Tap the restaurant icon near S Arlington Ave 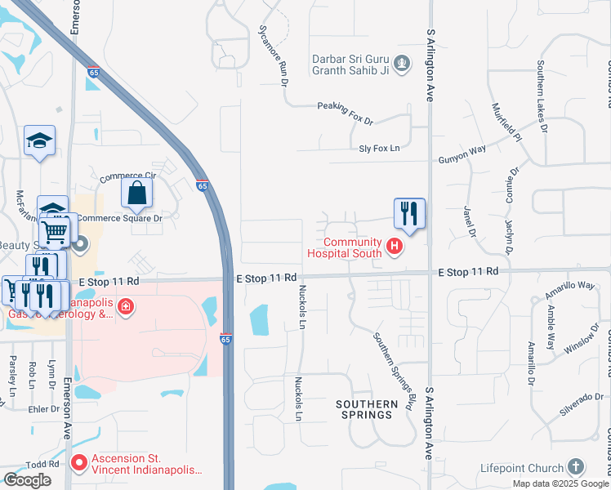pos(409,214)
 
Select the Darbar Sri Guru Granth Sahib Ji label pos(352,65)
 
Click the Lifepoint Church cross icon pos(576,467)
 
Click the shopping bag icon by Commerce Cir pos(137,194)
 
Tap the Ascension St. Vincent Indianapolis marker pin pos(79,464)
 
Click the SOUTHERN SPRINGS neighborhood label pos(364,409)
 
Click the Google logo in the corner pos(27,480)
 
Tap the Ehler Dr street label pos(38,409)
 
